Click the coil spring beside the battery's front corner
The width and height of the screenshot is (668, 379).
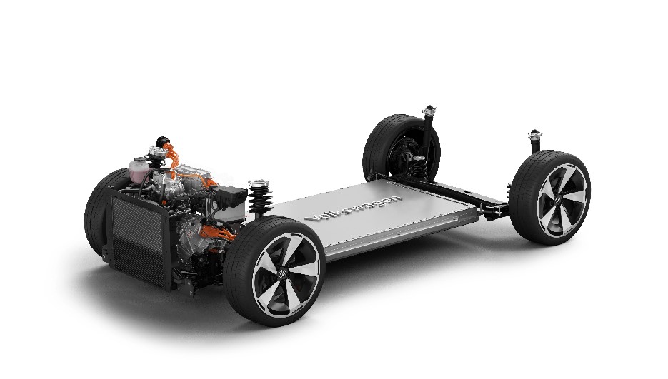[x=258, y=203]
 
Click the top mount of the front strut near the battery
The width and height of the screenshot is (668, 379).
[x=258, y=186]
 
